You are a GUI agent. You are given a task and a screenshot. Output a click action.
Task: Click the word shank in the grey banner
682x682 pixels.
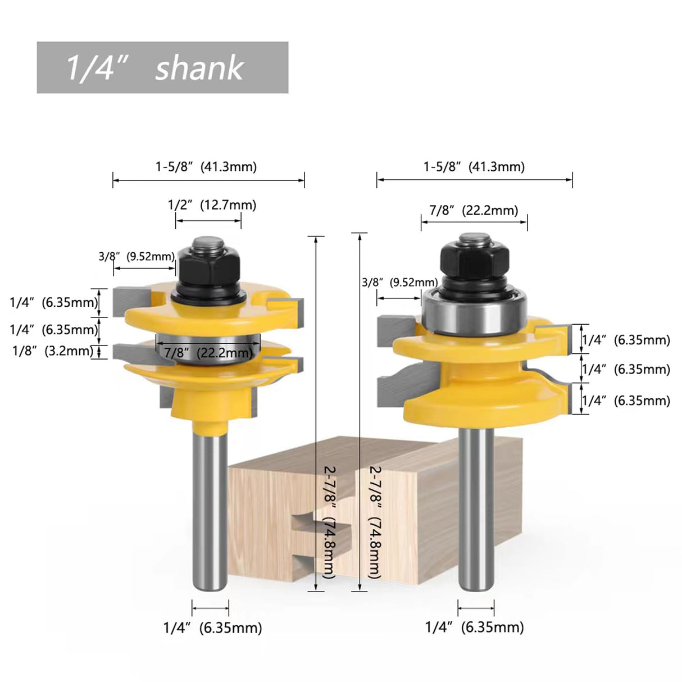coord(199,69)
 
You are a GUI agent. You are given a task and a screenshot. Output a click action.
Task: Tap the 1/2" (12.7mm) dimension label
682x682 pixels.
coord(212,205)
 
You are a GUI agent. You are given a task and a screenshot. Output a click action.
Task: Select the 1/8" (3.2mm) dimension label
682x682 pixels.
coord(52,351)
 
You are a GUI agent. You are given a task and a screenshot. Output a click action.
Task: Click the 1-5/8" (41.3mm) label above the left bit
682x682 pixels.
coord(206,167)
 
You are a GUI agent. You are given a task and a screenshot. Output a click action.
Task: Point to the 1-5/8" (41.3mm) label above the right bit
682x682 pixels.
coord(474,167)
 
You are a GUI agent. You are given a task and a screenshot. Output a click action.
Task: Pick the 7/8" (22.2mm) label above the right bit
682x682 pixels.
coord(474,211)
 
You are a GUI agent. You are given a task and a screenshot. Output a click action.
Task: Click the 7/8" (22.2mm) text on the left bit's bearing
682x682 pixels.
coord(207,353)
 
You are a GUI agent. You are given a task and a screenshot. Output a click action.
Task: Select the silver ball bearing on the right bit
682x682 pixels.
coord(475,312)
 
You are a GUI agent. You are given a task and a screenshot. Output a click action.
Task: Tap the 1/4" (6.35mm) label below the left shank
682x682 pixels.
coord(212,628)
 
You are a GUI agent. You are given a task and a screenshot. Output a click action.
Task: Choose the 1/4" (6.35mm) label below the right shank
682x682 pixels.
coord(475,628)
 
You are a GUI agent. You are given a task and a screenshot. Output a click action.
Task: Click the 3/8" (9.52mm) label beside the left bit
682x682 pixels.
coord(137,257)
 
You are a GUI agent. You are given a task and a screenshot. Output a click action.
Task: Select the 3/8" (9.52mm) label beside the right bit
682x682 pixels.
coord(399,282)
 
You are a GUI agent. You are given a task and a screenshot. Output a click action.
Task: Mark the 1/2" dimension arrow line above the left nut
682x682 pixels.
coord(208,221)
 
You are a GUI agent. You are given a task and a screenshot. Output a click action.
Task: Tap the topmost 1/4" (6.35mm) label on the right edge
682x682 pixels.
coord(626,340)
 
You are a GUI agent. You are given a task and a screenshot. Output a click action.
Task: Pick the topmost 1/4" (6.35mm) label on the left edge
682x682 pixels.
coord(53,302)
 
